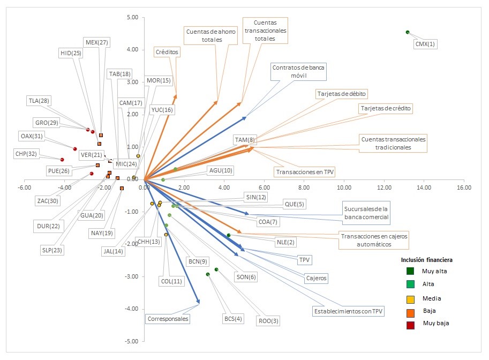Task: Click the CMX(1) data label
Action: click(x=426, y=44)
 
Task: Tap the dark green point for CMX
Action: click(x=408, y=32)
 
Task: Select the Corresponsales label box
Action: click(x=168, y=319)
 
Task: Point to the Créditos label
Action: click(x=167, y=52)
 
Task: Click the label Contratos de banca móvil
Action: click(x=298, y=72)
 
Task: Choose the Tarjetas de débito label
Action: click(x=342, y=94)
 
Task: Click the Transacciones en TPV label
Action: click(x=304, y=172)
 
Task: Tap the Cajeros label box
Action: click(x=316, y=279)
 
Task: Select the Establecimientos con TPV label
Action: click(x=348, y=311)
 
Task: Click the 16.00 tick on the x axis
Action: click(x=464, y=187)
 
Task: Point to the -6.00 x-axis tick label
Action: click(x=24, y=187)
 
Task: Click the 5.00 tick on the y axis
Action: click(x=132, y=18)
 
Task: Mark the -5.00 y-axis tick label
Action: click(x=131, y=341)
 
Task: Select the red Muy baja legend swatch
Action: click(x=410, y=323)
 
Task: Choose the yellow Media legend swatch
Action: click(x=410, y=298)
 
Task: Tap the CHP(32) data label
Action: click(x=26, y=154)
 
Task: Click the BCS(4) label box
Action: click(x=233, y=319)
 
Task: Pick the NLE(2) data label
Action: click(x=286, y=242)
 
